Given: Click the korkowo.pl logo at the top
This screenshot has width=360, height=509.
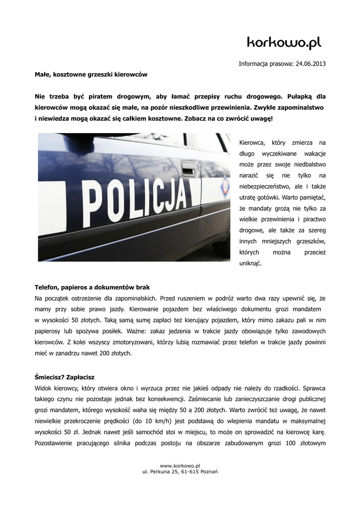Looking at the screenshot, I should tap(284, 43).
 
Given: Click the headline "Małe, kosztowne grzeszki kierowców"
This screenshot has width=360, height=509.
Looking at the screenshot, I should tap(91, 74).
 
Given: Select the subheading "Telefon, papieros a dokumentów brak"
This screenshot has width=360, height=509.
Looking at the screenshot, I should tap(92, 287).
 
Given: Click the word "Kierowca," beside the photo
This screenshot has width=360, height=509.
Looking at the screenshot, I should tap(254, 142).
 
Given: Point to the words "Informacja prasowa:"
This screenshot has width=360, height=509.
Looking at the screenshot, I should tap(266, 64).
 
